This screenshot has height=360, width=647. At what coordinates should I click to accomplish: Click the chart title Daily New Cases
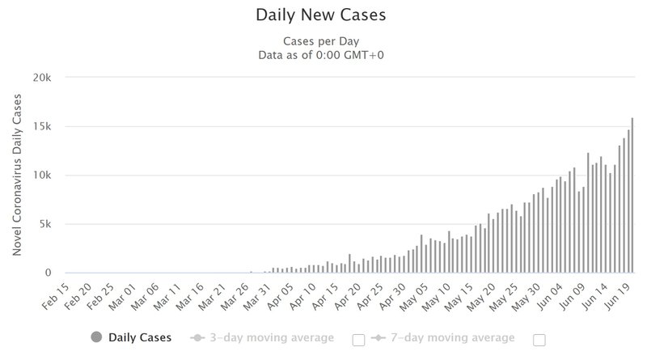pyautogui.click(x=321, y=15)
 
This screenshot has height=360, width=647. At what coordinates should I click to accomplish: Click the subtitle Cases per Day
pyautogui.click(x=321, y=41)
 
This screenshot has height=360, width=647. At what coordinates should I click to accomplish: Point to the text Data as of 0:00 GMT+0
pyautogui.click(x=321, y=55)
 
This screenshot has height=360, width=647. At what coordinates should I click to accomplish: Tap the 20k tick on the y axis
pyautogui.click(x=42, y=77)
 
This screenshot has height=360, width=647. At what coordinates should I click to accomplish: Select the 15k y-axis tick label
pyautogui.click(x=42, y=126)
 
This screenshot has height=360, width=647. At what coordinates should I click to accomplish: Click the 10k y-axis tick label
pyautogui.click(x=42, y=175)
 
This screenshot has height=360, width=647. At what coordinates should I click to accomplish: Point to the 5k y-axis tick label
pyautogui.click(x=45, y=224)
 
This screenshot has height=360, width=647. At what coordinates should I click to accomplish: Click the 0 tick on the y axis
pyautogui.click(x=49, y=273)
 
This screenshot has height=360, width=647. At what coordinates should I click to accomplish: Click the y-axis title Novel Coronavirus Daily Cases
pyautogui.click(x=17, y=175)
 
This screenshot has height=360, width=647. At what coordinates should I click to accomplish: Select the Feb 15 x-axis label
pyautogui.click(x=55, y=296)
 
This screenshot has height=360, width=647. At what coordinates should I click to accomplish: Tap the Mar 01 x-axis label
pyautogui.click(x=122, y=296)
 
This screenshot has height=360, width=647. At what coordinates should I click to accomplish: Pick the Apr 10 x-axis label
pyautogui.click(x=302, y=296)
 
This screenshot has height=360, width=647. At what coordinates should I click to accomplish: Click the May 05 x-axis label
pyautogui.click(x=414, y=296)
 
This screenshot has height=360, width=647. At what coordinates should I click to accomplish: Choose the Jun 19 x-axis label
pyautogui.click(x=617, y=296)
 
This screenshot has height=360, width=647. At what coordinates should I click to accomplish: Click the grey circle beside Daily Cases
pyautogui.click(x=96, y=337)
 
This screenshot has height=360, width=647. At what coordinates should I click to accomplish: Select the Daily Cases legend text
pyautogui.click(x=140, y=337)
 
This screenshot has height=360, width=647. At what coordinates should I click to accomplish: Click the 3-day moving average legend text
pyautogui.click(x=272, y=337)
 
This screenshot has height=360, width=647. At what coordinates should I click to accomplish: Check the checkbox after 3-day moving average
pyautogui.click(x=358, y=341)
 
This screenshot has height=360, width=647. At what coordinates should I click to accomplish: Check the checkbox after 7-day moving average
pyautogui.click(x=539, y=341)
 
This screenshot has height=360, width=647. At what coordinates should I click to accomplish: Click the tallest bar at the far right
pyautogui.click(x=632, y=195)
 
